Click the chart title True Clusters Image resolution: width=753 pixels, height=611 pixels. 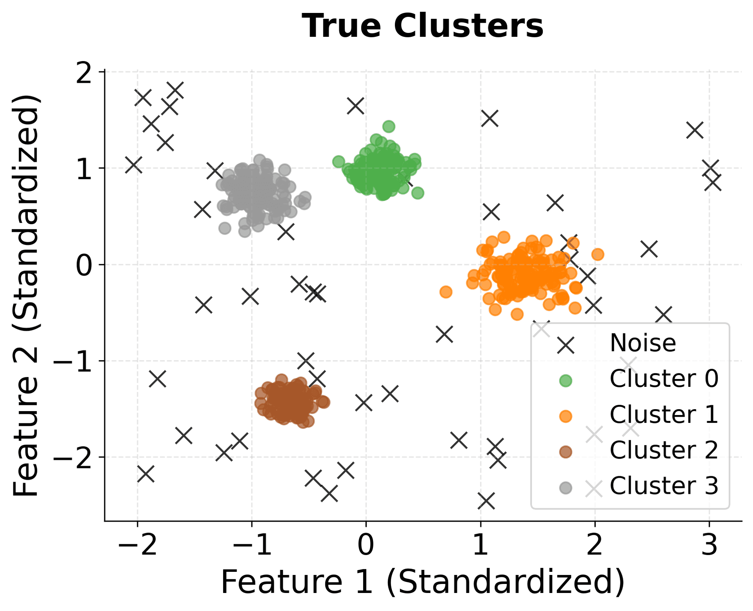[x=422, y=26]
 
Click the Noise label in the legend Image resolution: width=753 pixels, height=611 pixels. [x=643, y=343]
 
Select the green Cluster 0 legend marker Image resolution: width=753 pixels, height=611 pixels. [x=566, y=381]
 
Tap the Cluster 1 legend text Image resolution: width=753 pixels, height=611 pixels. [x=664, y=414]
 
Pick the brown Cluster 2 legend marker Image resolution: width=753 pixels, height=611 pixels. [x=566, y=452]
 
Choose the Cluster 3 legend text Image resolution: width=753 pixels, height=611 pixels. [x=664, y=486]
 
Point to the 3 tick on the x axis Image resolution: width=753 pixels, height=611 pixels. [x=709, y=545]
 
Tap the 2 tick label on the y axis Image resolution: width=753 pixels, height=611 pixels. [x=84, y=72]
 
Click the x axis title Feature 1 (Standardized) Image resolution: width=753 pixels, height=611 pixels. [x=422, y=583]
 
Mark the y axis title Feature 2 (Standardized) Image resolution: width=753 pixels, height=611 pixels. [x=26, y=296]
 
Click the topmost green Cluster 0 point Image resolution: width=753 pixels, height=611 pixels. [x=389, y=127]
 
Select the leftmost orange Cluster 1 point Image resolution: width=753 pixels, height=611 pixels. [x=446, y=292]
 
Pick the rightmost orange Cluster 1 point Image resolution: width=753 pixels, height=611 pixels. [x=598, y=254]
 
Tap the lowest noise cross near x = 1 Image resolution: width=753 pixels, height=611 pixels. [x=486, y=501]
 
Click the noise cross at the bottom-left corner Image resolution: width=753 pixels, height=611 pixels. [x=146, y=474]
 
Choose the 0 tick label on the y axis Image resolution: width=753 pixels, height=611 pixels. [x=84, y=265]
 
